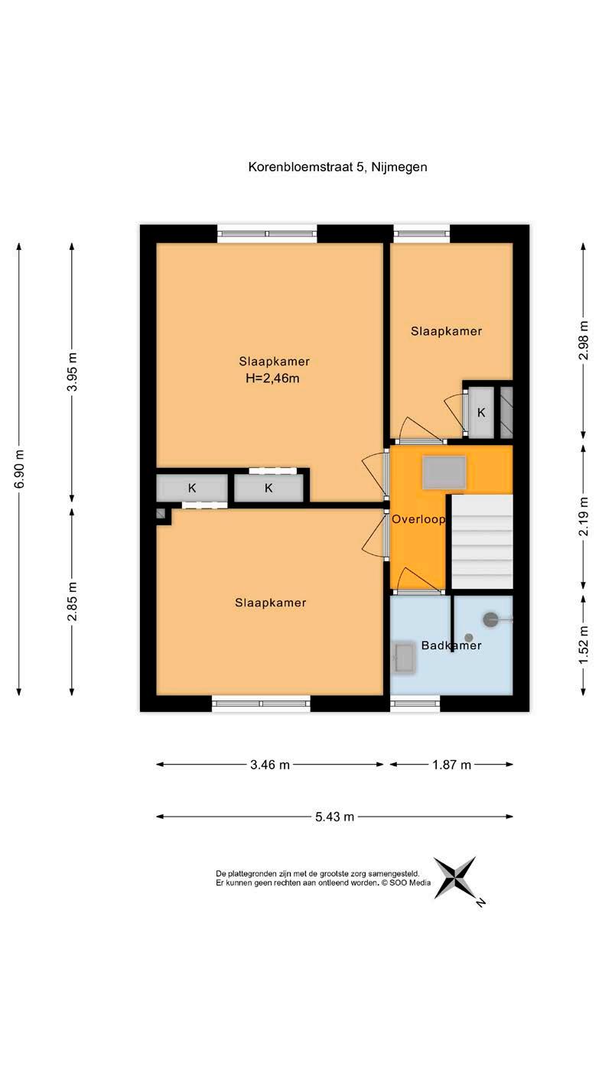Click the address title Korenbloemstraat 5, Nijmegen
point(337,167)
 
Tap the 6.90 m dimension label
point(19,469)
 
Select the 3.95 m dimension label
point(72,372)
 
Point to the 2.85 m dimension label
point(72,601)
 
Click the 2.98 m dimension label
point(584,341)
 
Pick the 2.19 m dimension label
point(584,516)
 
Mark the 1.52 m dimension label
point(584,645)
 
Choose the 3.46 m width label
point(270,765)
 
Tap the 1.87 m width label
point(451,765)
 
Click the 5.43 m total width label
point(334,817)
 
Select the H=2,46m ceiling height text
point(272,379)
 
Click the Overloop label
point(418,519)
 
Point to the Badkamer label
point(451,645)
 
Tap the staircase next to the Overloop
point(482,541)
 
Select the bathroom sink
point(404,658)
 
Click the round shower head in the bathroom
point(490,619)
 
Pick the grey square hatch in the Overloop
point(444,473)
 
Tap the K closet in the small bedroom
point(481,412)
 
